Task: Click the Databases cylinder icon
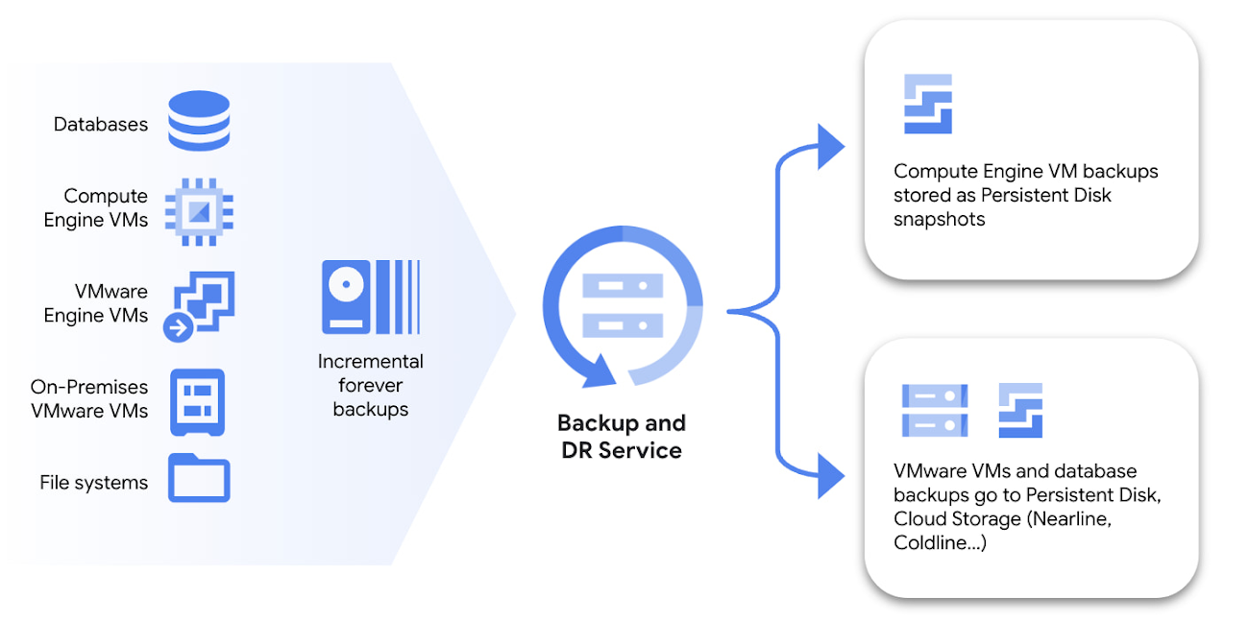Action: [199, 121]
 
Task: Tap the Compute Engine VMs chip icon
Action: [199, 209]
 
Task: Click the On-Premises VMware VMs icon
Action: [198, 400]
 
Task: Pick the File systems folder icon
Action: [199, 478]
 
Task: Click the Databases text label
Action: [101, 124]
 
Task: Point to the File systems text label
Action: [94, 482]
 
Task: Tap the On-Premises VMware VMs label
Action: [89, 398]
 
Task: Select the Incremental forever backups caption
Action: [371, 385]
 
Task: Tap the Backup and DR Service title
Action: [622, 437]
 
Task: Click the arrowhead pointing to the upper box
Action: [829, 148]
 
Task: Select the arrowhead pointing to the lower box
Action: [829, 476]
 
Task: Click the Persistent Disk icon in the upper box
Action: [927, 104]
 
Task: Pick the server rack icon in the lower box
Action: [934, 410]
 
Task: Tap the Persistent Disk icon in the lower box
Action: [1020, 410]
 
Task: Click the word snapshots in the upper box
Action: [939, 219]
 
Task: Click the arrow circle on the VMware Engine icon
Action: [179, 327]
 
